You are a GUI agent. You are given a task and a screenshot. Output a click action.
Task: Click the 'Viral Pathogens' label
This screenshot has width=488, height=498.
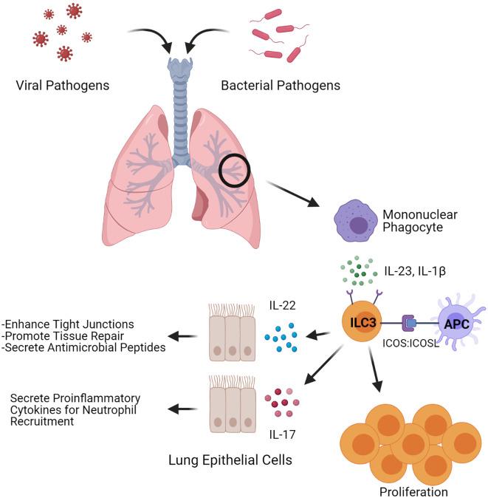62,85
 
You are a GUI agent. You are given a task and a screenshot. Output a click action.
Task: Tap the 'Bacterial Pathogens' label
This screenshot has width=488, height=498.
281,85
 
